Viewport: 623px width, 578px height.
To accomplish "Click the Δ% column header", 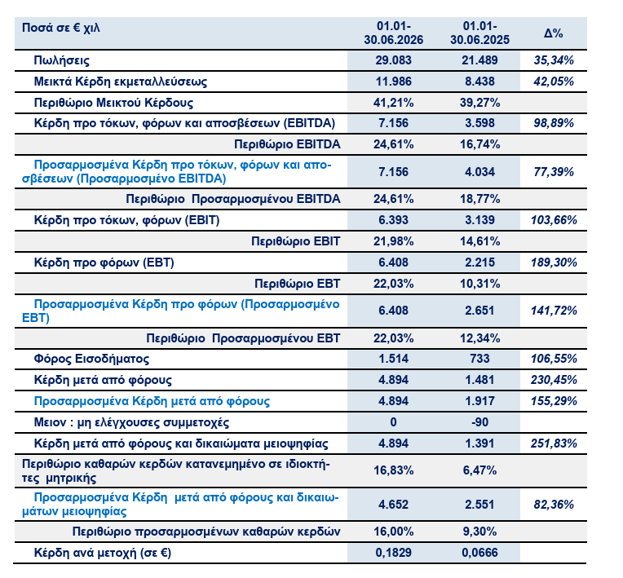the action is click(553, 33).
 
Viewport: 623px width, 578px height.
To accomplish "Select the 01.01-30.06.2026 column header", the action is click(394, 33).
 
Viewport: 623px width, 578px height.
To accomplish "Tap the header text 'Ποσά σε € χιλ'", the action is click(61, 28).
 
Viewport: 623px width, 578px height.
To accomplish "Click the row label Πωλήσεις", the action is click(62, 60).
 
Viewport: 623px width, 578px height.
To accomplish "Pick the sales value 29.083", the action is click(393, 60).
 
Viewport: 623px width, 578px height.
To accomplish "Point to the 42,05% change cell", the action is click(554, 82).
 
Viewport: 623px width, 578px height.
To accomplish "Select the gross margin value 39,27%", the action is click(480, 103).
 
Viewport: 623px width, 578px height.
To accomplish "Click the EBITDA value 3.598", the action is click(480, 123).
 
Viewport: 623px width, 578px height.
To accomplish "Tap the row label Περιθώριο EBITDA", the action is click(287, 144).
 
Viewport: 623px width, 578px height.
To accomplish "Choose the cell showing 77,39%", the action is click(554, 172).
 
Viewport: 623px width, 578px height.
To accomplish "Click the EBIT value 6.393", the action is click(393, 220).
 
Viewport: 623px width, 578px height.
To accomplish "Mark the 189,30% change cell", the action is click(554, 263).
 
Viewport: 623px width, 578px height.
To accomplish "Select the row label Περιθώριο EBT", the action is click(298, 284).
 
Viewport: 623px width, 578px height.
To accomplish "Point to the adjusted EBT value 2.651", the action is click(480, 311).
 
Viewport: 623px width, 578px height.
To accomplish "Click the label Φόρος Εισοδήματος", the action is click(91, 360).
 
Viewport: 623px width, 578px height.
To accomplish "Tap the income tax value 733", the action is click(480, 359).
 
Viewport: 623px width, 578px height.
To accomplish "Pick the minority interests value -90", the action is click(480, 421).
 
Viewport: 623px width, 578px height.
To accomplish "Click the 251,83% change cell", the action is click(554, 443).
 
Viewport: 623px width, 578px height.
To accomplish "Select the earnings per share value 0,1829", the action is click(393, 553).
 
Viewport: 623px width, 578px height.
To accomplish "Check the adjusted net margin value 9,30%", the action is click(480, 532).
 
